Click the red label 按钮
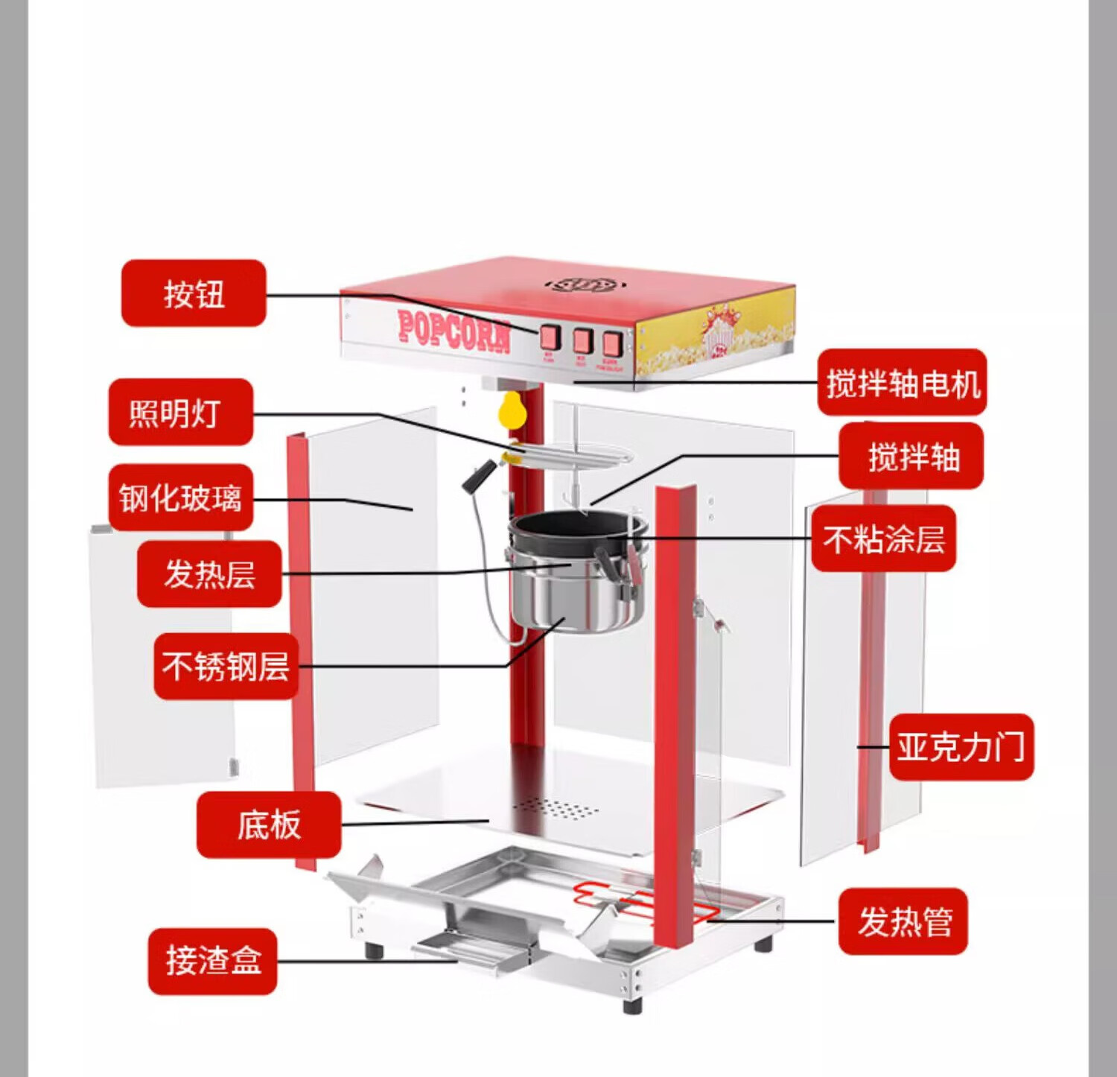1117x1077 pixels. click(194, 293)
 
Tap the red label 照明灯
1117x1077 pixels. click(181, 412)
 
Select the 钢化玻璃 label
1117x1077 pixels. click(181, 498)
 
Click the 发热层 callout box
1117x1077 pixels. click(209, 574)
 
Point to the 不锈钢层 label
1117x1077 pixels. click(226, 666)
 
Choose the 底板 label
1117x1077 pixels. click(268, 825)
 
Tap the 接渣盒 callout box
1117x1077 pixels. click(213, 961)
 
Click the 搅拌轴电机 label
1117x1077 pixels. click(902, 383)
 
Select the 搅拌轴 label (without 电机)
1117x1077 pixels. click(911, 456)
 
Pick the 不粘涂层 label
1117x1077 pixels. click(883, 538)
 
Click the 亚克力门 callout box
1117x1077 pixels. click(961, 747)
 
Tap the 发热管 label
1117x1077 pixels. click(903, 921)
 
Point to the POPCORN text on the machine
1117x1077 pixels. click(454, 330)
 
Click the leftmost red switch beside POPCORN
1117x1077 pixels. click(550, 337)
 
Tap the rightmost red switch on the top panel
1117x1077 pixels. click(612, 343)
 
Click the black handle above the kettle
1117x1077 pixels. click(479, 476)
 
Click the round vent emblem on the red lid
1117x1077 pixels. click(583, 285)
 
